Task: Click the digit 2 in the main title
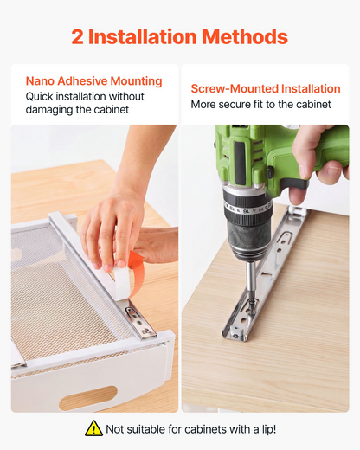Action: click(77, 37)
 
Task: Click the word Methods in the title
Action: click(245, 37)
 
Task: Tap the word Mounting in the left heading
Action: click(136, 81)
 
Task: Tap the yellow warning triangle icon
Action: click(93, 428)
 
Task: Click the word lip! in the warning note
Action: click(269, 429)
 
